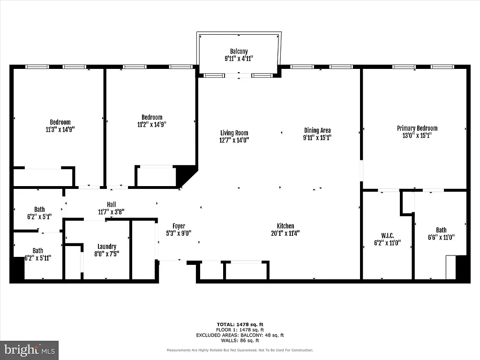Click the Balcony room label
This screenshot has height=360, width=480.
[239, 52]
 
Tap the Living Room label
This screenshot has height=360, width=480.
[234, 133]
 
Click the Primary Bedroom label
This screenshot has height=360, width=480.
[417, 128]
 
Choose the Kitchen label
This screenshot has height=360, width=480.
[285, 226]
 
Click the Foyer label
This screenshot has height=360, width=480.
[179, 226]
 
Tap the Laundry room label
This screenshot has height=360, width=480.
[107, 247]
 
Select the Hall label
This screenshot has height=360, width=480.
[111, 204]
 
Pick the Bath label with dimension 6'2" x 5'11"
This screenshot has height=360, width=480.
[37, 251]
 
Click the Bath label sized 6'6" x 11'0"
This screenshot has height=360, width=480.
[441, 230]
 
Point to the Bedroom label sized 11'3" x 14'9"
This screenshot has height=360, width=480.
[60, 122]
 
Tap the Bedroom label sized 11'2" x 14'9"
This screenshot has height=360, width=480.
[152, 117]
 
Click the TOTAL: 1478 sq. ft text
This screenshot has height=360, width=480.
[239, 324]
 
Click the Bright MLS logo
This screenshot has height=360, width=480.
[29, 350]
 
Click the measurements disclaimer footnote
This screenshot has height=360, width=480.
[240, 350]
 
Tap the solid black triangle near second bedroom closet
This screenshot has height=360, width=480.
[185, 175]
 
